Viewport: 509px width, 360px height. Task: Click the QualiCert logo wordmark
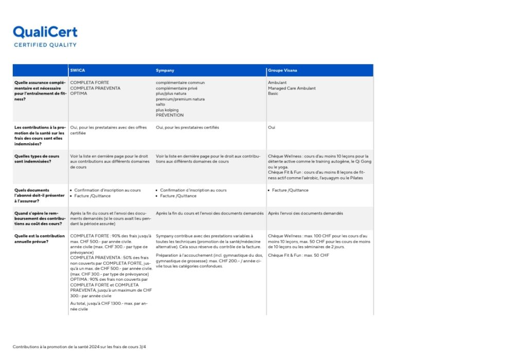click(x=45, y=32)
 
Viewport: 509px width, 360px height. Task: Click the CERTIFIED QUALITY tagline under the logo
click(x=45, y=45)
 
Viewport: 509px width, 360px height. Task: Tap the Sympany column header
click(x=165, y=70)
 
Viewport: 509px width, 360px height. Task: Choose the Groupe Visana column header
click(x=282, y=70)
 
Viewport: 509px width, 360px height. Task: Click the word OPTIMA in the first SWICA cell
click(x=79, y=94)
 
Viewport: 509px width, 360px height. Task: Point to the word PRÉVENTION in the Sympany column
click(x=170, y=115)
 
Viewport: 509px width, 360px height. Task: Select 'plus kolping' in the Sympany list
click(x=168, y=110)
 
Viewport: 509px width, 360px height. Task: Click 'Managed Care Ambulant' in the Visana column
click(x=292, y=88)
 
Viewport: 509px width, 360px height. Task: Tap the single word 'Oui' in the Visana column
click(x=271, y=128)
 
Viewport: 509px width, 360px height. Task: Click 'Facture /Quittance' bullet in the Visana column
click(x=290, y=190)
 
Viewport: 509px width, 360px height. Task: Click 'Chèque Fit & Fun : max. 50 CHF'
click(x=298, y=255)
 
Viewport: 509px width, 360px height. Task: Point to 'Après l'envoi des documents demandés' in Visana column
click(x=305, y=213)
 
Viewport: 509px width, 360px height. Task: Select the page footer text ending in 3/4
click(x=80, y=347)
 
